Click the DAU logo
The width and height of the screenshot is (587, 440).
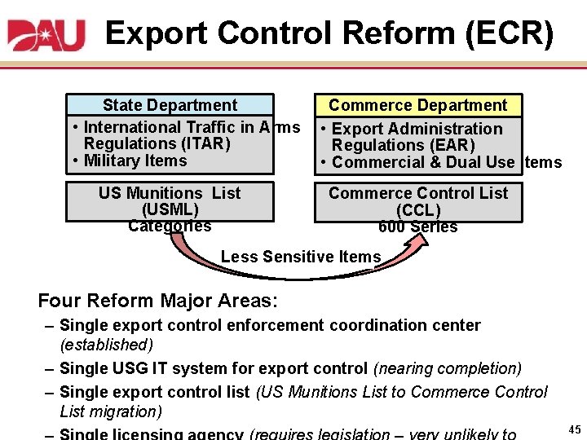46,34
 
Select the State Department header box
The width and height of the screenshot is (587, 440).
170,105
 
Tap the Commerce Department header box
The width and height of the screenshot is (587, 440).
417,105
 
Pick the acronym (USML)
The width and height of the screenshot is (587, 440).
170,209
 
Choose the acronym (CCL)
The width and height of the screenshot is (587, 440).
417,209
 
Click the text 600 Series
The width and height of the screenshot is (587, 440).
417,227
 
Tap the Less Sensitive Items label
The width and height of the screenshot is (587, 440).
301,257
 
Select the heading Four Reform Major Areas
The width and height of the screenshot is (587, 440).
158,301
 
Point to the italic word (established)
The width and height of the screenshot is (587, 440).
107,345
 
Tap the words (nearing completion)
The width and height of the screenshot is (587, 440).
447,368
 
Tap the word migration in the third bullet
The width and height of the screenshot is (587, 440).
126,411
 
